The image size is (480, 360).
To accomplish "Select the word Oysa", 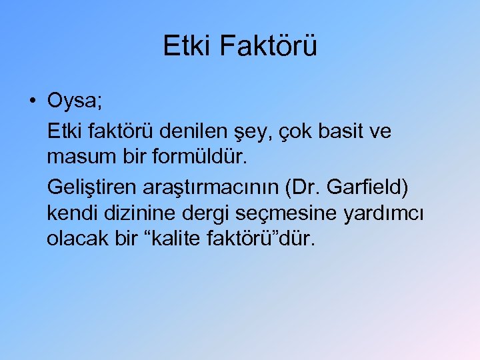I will pos(73,102).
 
